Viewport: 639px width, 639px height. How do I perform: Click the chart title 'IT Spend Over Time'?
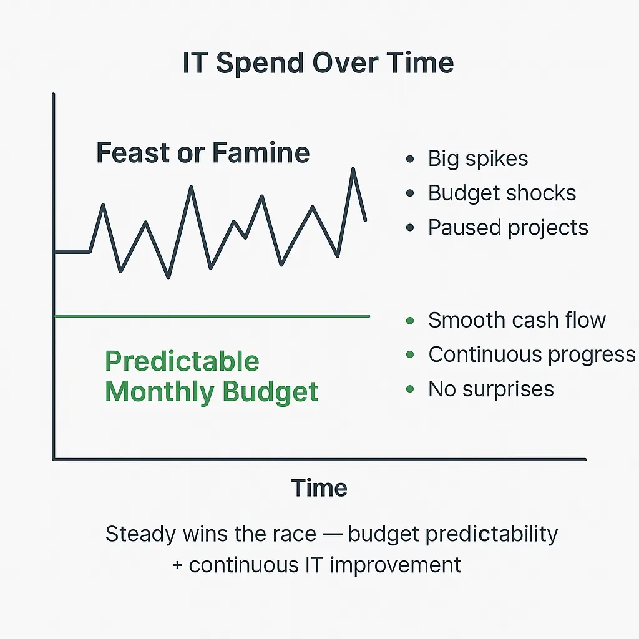click(x=318, y=63)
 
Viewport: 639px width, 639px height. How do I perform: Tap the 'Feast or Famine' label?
click(x=203, y=152)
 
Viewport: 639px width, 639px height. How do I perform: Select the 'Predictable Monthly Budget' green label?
click(x=212, y=376)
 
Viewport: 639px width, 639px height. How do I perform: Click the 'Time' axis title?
click(x=319, y=488)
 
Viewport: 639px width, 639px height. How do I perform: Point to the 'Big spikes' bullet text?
click(x=477, y=159)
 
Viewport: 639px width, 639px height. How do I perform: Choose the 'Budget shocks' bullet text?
click(x=502, y=193)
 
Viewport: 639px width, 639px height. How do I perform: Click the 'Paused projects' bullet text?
click(x=508, y=228)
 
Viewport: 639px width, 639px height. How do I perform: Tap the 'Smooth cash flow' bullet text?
click(x=517, y=320)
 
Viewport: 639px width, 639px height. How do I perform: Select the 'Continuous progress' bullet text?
click(x=532, y=354)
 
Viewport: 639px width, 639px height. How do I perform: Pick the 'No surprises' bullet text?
click(x=491, y=389)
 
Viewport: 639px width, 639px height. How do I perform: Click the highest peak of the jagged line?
click(x=353, y=168)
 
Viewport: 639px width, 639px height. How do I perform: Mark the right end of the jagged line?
click(x=365, y=220)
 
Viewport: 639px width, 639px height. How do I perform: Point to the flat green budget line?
click(x=212, y=316)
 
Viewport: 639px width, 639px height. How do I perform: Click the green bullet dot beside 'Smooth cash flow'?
click(x=410, y=321)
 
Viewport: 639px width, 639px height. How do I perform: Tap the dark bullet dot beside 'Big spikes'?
click(x=410, y=159)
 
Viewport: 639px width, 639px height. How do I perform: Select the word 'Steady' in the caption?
click(x=140, y=534)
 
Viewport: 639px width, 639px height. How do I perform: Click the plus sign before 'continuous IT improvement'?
click(x=177, y=565)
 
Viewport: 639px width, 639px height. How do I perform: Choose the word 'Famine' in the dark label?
click(x=261, y=152)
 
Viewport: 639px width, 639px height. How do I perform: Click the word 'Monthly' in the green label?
click(x=159, y=393)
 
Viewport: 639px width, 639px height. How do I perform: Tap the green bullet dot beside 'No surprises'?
click(x=410, y=389)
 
